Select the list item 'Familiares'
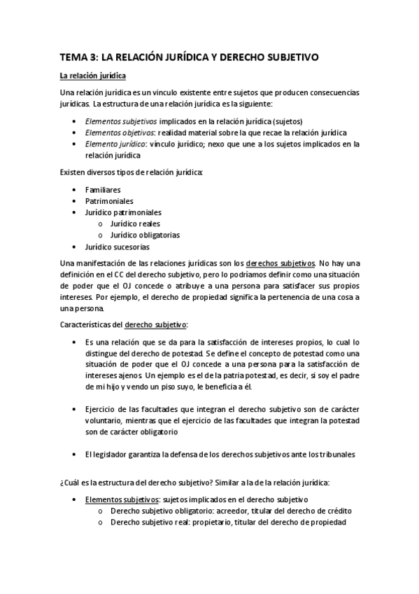click(103, 189)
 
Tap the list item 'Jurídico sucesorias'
click(117, 247)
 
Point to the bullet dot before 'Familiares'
click(75, 189)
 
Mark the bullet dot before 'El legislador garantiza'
click(75, 454)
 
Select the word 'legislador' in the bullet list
click(113, 454)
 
